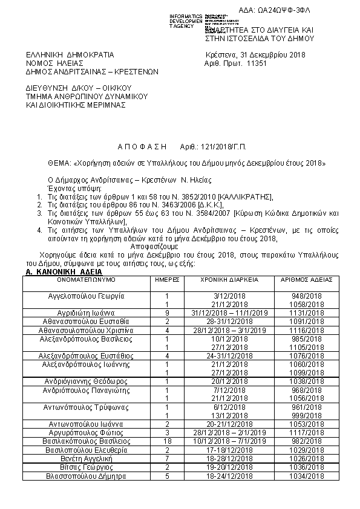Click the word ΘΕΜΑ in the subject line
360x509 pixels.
(59, 163)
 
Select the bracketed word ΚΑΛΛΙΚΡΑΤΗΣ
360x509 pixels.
(246, 197)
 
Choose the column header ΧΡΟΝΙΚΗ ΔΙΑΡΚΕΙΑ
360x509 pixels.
(230, 280)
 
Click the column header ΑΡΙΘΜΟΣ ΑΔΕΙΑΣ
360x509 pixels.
(307, 280)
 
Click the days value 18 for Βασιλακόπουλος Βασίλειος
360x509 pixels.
(166, 443)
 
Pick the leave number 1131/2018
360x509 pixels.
(307, 313)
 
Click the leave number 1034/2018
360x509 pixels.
(307, 476)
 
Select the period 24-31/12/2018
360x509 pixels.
(230, 356)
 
